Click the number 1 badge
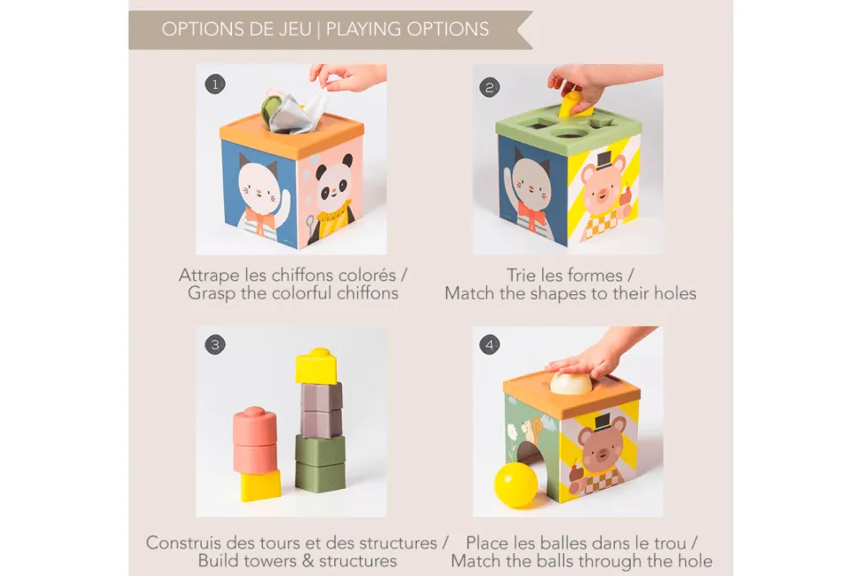tap(215, 84)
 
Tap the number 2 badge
tap(490, 87)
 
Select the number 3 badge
tap(215, 345)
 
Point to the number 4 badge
tap(490, 345)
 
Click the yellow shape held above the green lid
tap(574, 105)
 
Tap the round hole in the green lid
tap(569, 132)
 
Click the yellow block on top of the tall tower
tap(315, 365)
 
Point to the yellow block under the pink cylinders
tap(260, 485)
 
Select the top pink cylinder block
tap(254, 426)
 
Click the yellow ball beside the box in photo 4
tap(515, 484)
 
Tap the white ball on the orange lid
tap(571, 383)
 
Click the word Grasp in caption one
tap(212, 293)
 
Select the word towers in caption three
tap(270, 561)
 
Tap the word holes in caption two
tap(674, 293)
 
